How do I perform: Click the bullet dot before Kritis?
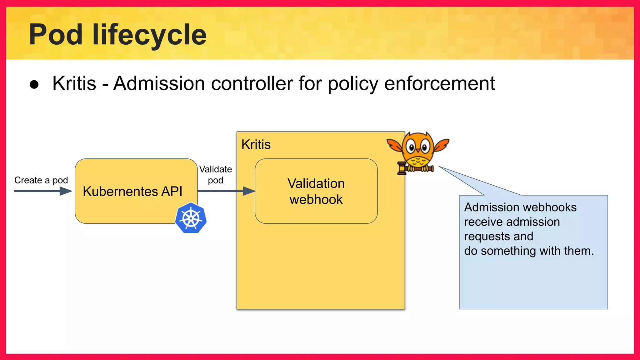pos(34,84)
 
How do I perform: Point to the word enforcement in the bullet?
pos(439,83)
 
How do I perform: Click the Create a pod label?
pos(41,180)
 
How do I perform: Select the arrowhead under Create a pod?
pos(66,191)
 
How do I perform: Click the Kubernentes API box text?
pos(132,191)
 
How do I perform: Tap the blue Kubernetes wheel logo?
pos(191,218)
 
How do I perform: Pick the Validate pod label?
pos(216,175)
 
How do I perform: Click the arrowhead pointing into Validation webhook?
pos(249,191)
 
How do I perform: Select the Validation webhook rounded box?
pos(316,191)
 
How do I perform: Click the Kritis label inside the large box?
pos(256,145)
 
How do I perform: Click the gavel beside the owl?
pos(402,168)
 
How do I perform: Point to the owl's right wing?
pos(441,145)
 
